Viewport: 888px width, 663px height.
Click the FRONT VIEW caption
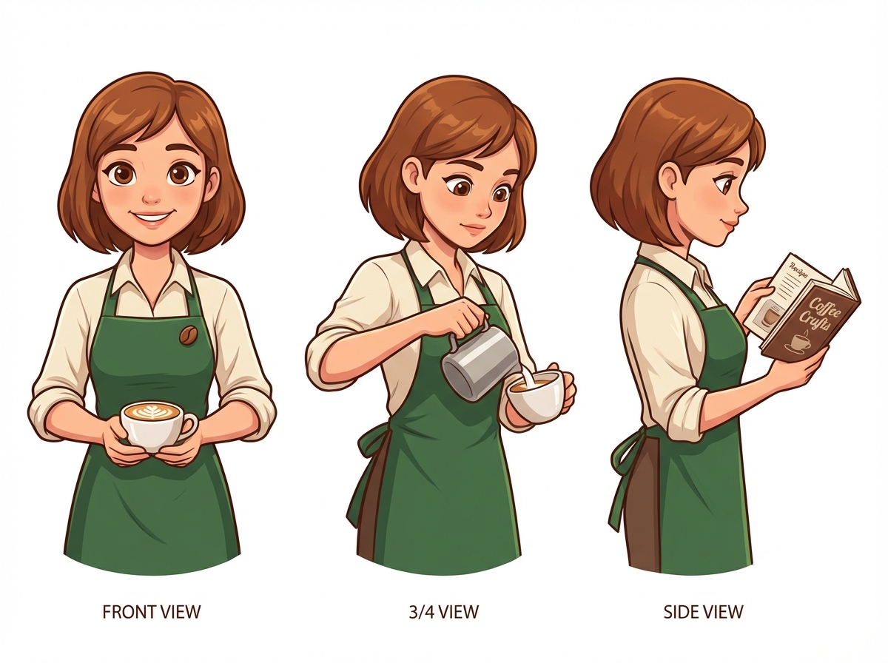(x=151, y=612)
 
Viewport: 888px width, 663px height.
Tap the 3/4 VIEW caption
(x=444, y=612)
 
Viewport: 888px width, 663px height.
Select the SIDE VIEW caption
(x=703, y=612)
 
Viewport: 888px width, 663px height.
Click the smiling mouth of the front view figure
(x=152, y=218)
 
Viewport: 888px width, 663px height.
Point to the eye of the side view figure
(x=727, y=180)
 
